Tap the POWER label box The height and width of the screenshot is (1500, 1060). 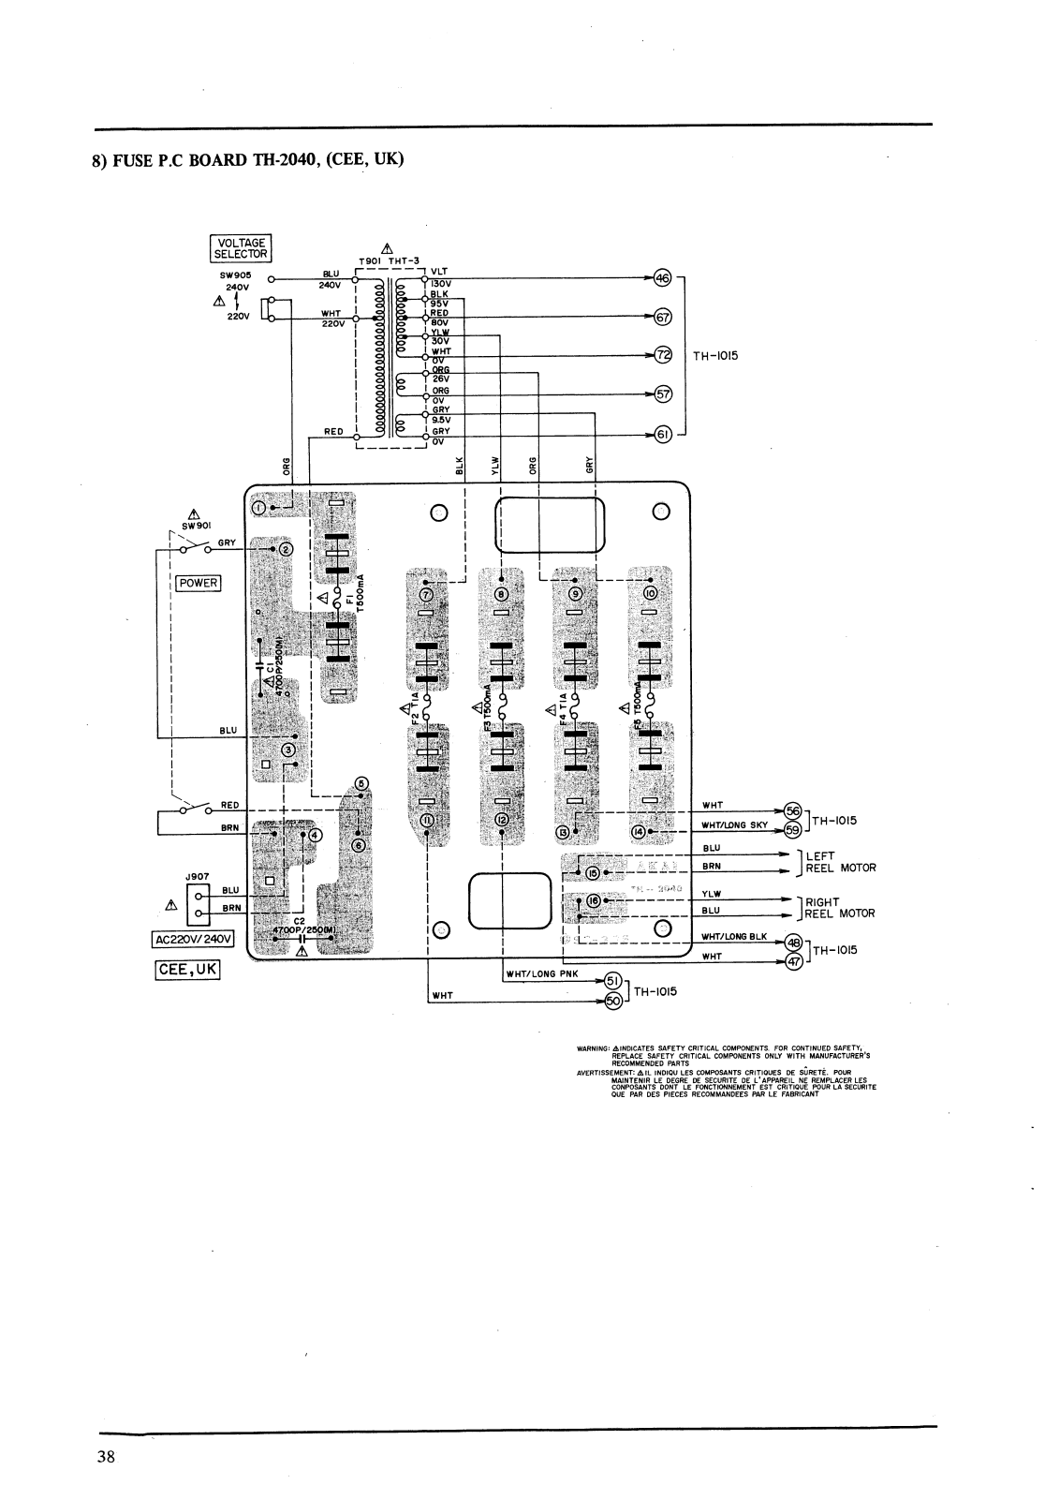tap(199, 583)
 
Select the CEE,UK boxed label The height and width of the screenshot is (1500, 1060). tap(188, 971)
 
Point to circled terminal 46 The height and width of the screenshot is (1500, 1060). tap(663, 278)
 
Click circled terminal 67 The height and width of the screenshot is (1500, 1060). tap(663, 318)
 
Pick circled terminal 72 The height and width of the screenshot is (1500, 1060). tap(663, 356)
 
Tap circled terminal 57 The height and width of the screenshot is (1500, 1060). tap(663, 394)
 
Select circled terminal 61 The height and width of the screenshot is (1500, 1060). tap(663, 435)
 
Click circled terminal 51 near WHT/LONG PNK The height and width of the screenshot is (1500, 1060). tap(615, 979)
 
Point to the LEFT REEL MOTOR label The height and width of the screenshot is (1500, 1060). tap(840, 862)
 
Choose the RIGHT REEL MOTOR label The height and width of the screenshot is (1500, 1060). tap(840, 908)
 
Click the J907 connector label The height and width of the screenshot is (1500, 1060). tap(196, 877)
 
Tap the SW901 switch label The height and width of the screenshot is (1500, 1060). tap(196, 525)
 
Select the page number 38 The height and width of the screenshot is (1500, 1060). tap(105, 1456)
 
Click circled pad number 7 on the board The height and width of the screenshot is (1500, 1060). tap(427, 594)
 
